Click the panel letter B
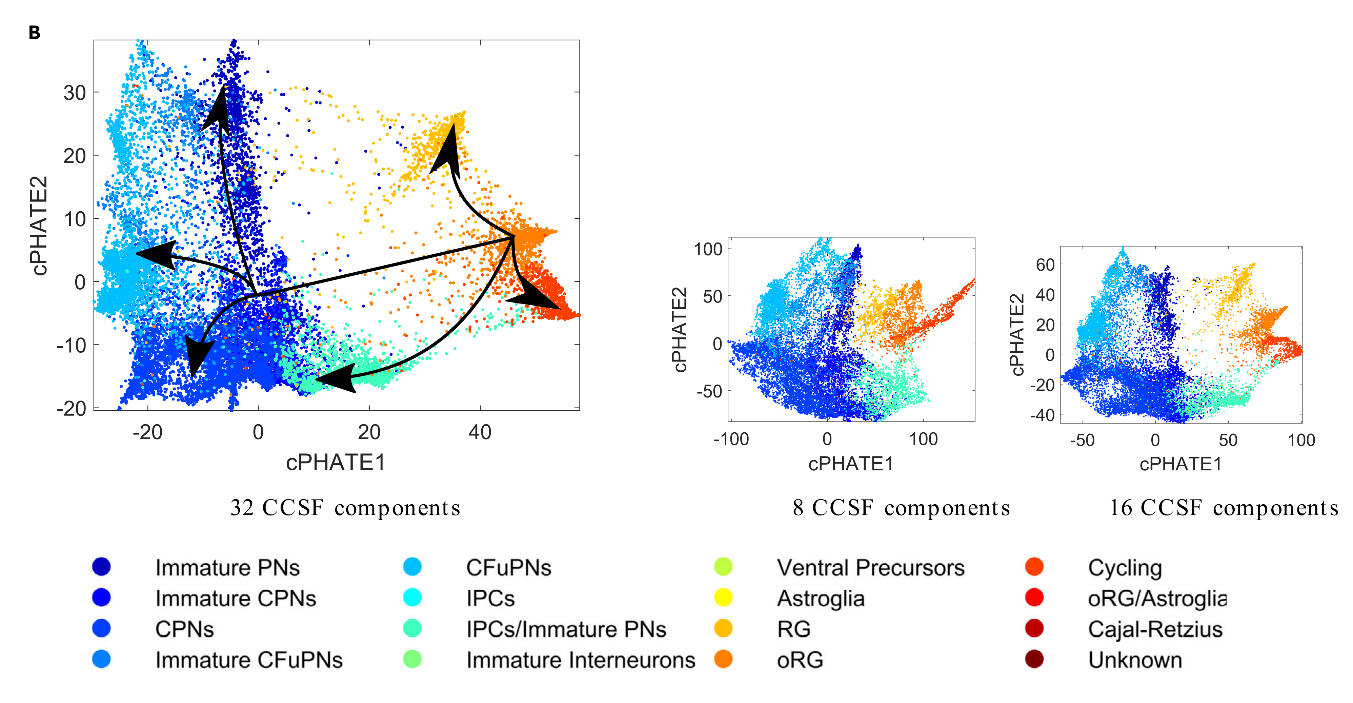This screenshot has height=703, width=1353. [35, 33]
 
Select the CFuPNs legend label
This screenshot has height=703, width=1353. [508, 567]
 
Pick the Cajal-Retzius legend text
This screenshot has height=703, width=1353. [1155, 629]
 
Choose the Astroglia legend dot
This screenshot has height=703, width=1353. [723, 598]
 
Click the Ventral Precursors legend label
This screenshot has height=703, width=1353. [870, 567]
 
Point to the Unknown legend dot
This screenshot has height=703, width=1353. [1034, 659]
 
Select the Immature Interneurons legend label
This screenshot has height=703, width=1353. [580, 660]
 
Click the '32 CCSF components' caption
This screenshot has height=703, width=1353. [345, 508]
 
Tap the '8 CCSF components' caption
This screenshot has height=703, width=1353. [901, 508]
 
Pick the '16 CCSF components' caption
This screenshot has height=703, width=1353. [1224, 508]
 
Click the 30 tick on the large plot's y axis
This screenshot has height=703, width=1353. [75, 93]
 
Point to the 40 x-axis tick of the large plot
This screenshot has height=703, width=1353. [480, 432]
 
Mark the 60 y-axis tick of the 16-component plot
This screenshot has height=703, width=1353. [1045, 265]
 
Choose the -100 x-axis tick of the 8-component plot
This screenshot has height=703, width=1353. [731, 439]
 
